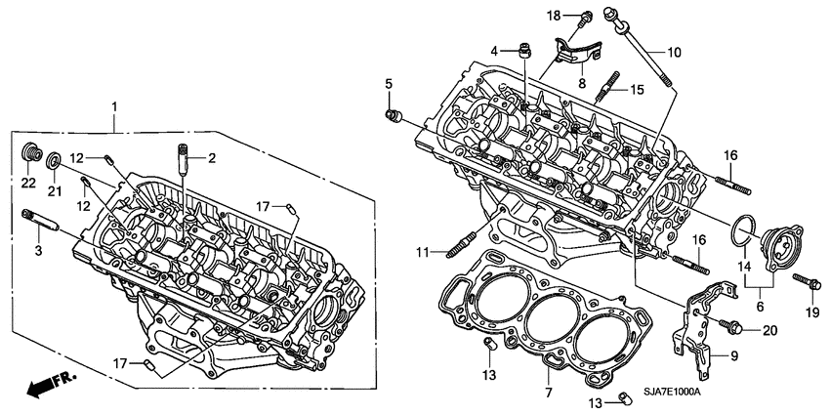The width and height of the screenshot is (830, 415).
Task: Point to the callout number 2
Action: pyautogui.click(x=210, y=156)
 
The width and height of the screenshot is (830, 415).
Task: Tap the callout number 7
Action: pyautogui.click(x=548, y=393)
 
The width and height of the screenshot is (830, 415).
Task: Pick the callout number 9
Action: pyautogui.click(x=735, y=355)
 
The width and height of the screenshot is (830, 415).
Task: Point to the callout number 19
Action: pyautogui.click(x=809, y=312)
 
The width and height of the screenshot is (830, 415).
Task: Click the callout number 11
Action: pyautogui.click(x=421, y=253)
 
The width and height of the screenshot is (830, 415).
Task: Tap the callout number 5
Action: pyautogui.click(x=388, y=84)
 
